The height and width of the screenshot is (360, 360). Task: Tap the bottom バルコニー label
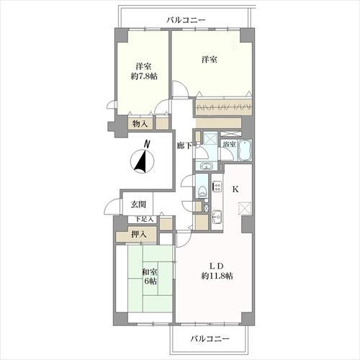(210, 338)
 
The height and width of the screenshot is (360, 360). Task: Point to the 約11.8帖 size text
(215, 276)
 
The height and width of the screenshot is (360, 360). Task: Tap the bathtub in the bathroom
(245, 150)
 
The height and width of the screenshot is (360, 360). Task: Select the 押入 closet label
(140, 234)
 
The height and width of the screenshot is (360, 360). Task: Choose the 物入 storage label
(140, 124)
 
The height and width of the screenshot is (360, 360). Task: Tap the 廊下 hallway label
(184, 145)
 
